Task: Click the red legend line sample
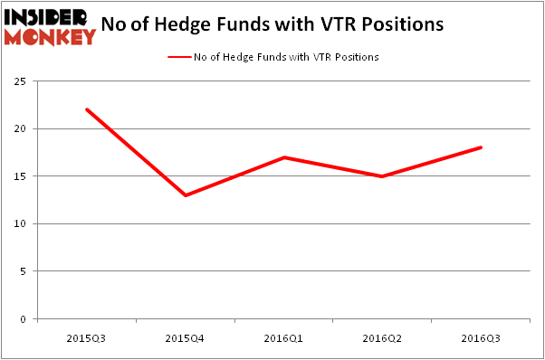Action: tap(178, 57)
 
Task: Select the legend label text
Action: tap(285, 57)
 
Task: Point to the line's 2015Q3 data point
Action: tap(87, 109)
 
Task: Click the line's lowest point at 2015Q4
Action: tap(186, 195)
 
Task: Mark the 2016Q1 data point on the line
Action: tap(284, 157)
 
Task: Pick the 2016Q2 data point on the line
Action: tap(383, 176)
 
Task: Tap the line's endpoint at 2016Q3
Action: tap(482, 147)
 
